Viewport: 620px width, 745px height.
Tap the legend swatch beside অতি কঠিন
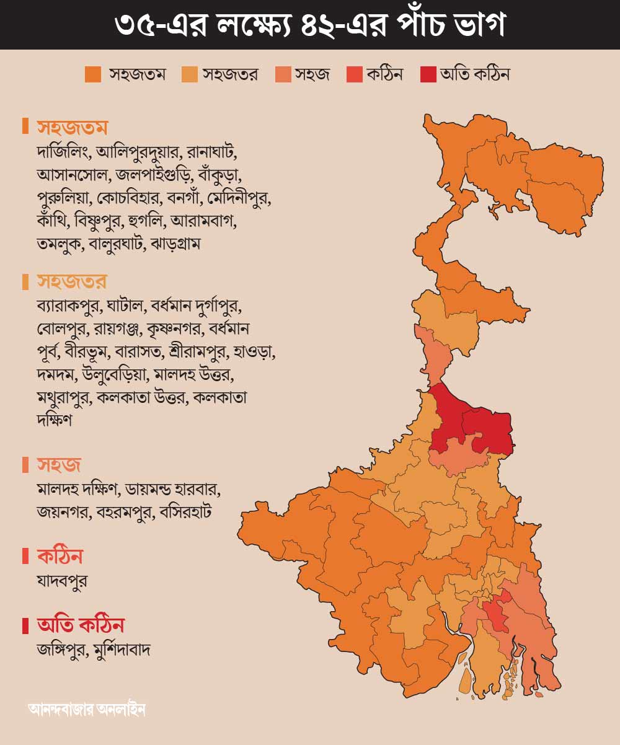pyautogui.click(x=428, y=74)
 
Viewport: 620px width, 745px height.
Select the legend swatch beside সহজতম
pyautogui.click(x=93, y=74)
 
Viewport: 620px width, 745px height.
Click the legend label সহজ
pyautogui.click(x=312, y=74)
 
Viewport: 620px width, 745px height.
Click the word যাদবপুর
pyautogui.click(x=62, y=581)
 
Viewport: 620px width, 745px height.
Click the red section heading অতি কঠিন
pyautogui.click(x=81, y=624)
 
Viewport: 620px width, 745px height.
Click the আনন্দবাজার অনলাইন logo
pyautogui.click(x=87, y=708)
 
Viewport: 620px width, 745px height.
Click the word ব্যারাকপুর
pyautogui.click(x=68, y=306)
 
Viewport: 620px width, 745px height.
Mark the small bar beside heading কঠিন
pyautogui.click(x=25, y=556)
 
